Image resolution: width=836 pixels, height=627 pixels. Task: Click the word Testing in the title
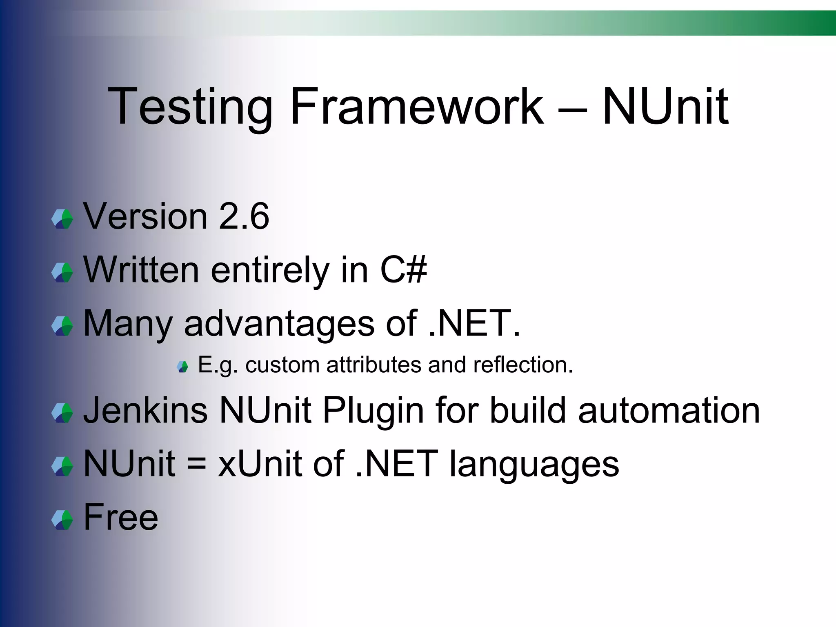click(x=190, y=107)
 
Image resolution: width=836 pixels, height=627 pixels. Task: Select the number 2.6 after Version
click(x=244, y=216)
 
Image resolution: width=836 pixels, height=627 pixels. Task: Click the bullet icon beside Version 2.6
click(x=62, y=219)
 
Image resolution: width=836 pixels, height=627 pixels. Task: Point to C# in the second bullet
click(x=403, y=270)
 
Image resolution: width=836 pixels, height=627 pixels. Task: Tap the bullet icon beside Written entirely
click(x=62, y=273)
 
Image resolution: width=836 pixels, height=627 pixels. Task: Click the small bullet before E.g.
click(x=182, y=367)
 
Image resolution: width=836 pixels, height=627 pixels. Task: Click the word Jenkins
click(x=145, y=410)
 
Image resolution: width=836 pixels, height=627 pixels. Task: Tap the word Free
click(x=121, y=517)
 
